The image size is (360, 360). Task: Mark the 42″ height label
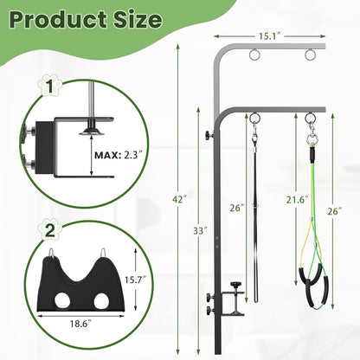[177, 199]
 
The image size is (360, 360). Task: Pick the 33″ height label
[200, 231]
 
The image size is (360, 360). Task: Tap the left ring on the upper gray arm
[254, 56]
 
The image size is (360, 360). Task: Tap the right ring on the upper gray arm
[309, 56]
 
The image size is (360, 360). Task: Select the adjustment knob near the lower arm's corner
[209, 137]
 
